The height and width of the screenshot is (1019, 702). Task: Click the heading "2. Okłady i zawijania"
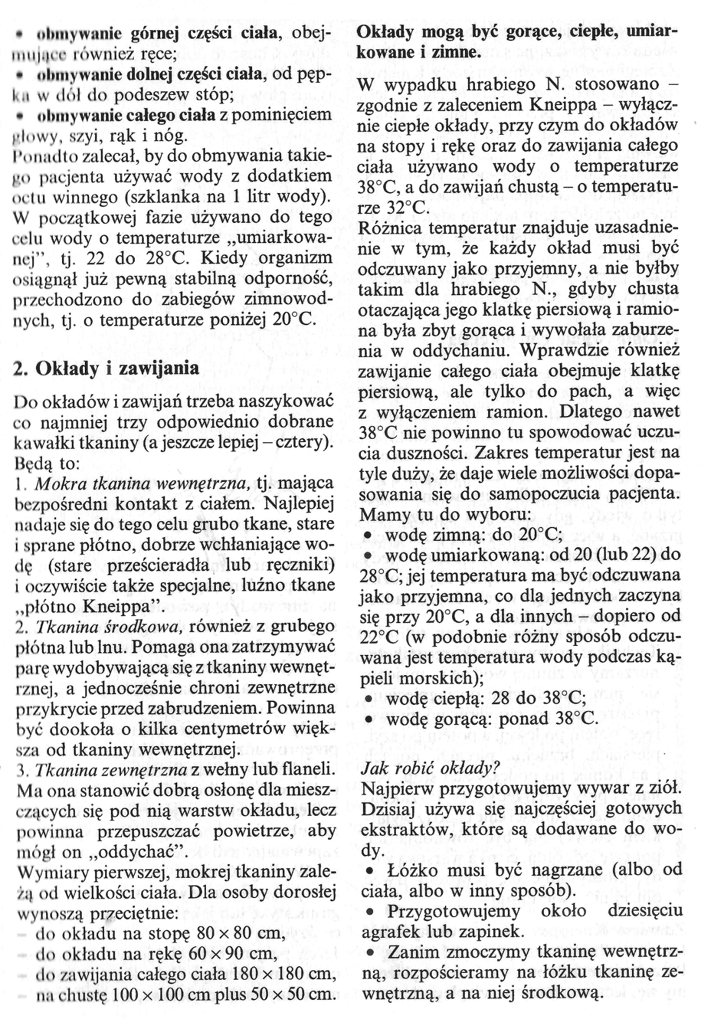click(106, 368)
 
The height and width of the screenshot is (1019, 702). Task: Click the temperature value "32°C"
click(408, 207)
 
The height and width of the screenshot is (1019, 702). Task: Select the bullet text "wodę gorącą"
click(435, 719)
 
